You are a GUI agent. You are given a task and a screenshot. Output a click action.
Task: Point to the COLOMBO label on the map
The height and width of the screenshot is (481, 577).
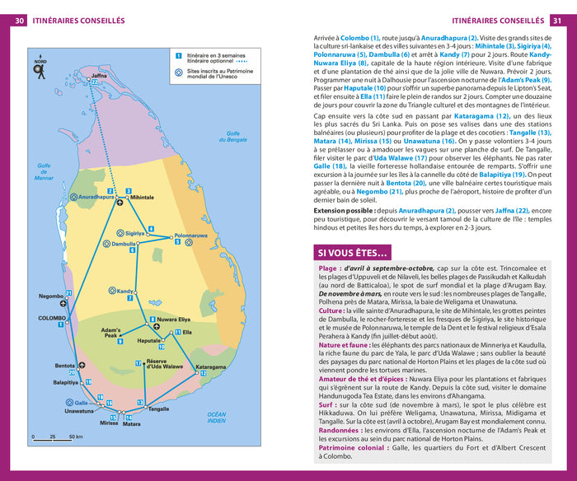point(50,317)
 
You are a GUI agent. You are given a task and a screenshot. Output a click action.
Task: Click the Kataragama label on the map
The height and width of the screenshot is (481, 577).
point(210,367)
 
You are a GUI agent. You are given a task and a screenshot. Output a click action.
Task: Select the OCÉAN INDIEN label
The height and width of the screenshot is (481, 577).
point(216,418)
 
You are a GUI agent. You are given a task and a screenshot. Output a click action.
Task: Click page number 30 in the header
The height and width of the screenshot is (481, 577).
point(19,20)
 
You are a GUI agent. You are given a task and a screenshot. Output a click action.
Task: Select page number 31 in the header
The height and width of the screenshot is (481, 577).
point(558,20)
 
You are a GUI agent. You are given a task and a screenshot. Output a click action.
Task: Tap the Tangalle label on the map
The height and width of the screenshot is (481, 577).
point(158,409)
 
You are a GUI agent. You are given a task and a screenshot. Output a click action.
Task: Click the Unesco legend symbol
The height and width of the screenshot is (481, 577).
point(179,72)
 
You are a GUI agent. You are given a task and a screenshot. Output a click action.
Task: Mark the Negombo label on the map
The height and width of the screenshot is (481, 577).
point(52,295)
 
